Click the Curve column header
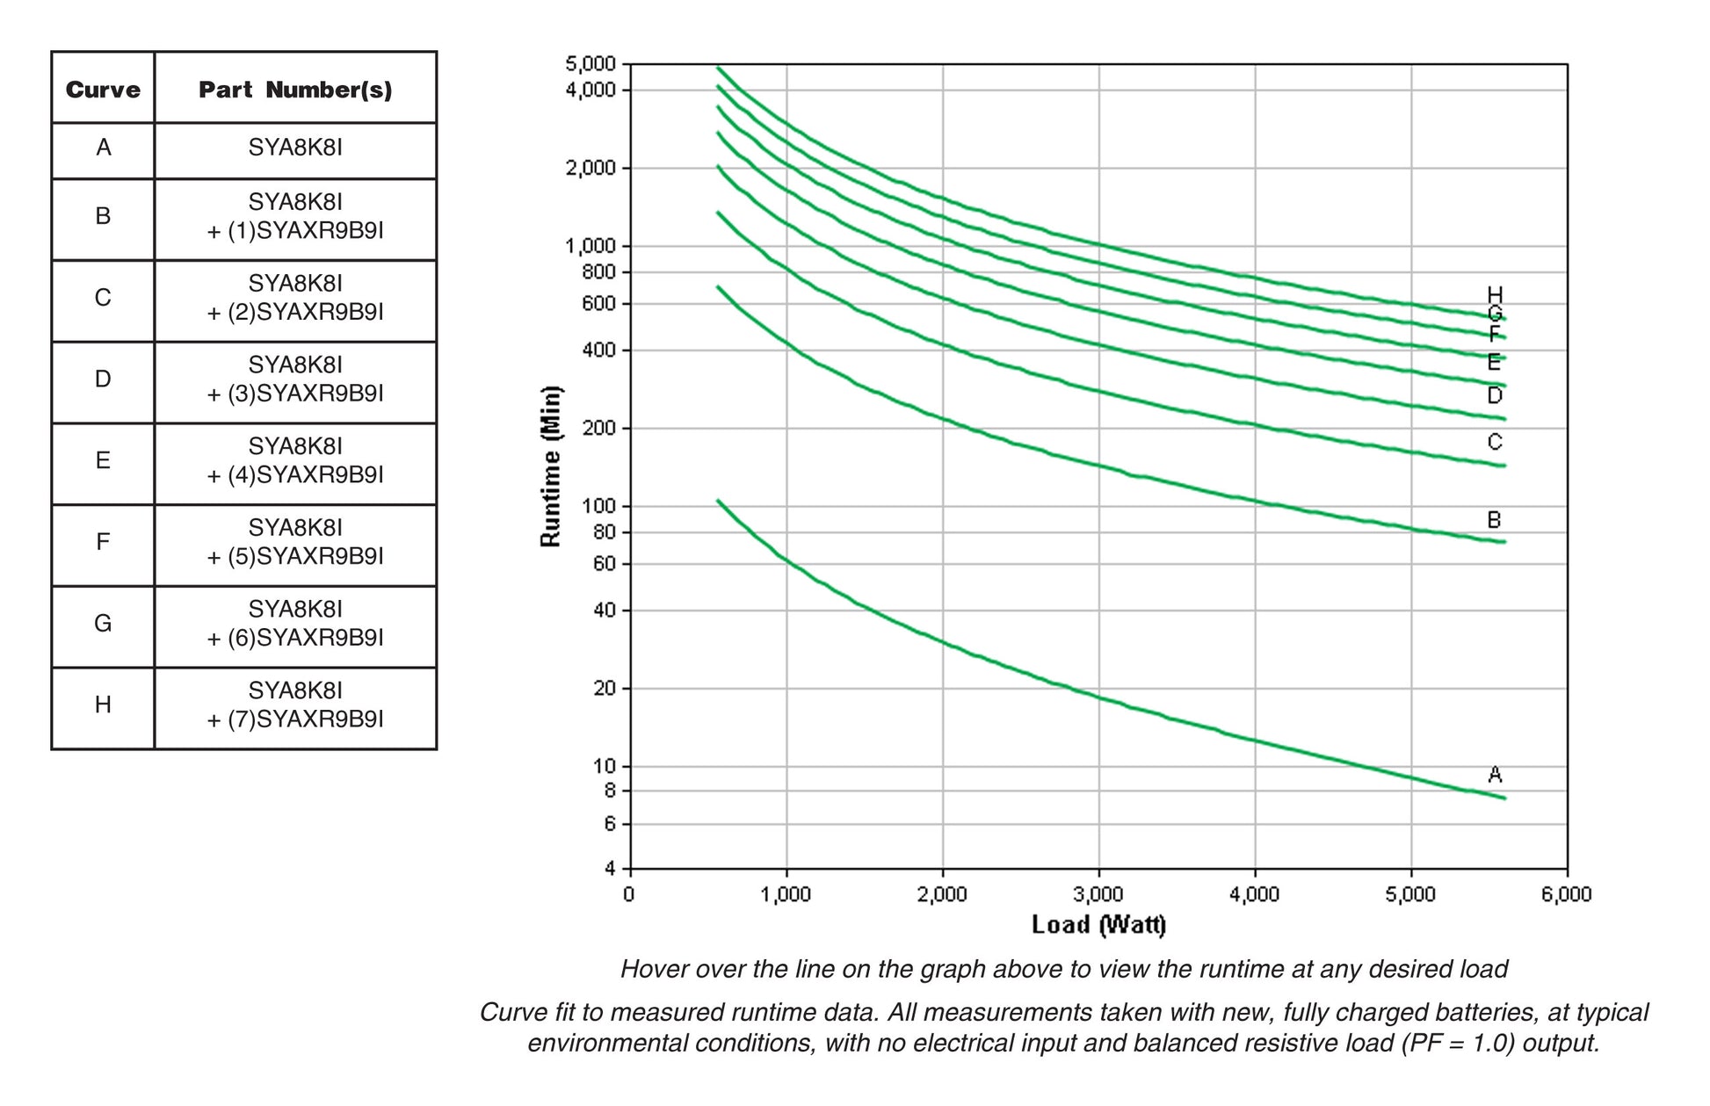[x=103, y=90]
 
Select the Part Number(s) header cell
[x=295, y=90]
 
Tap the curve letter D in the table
[x=103, y=380]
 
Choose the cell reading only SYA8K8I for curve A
[x=295, y=148]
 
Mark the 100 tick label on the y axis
[x=601, y=507]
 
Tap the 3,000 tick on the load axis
[x=1098, y=895]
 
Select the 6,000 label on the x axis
[x=1567, y=895]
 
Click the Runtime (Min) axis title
[x=551, y=466]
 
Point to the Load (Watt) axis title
[x=1098, y=925]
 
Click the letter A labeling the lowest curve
[x=1495, y=775]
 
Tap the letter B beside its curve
[x=1494, y=520]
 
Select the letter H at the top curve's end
[x=1495, y=294]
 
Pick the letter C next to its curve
[x=1495, y=442]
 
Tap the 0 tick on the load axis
[x=629, y=895]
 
